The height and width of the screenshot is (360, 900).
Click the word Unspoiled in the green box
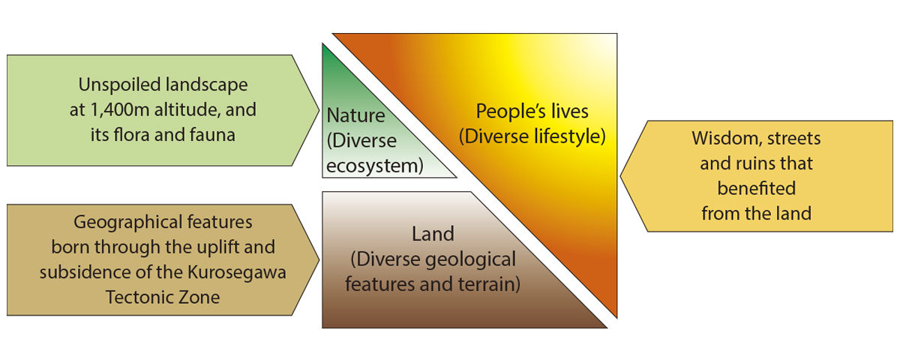pyautogui.click(x=119, y=85)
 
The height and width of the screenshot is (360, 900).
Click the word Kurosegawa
pyautogui.click(x=237, y=273)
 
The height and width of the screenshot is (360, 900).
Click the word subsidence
pyautogui.click(x=84, y=272)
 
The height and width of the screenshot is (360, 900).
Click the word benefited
pyautogui.click(x=757, y=188)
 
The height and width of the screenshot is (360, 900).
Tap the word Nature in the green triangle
pyautogui.click(x=356, y=115)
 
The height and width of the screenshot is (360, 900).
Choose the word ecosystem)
pyautogui.click(x=375, y=166)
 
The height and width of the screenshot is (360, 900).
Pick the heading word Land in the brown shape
pyautogui.click(x=433, y=234)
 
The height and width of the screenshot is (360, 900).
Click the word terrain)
pyautogui.click(x=489, y=284)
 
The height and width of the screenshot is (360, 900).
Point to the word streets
pyautogui.click(x=794, y=139)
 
